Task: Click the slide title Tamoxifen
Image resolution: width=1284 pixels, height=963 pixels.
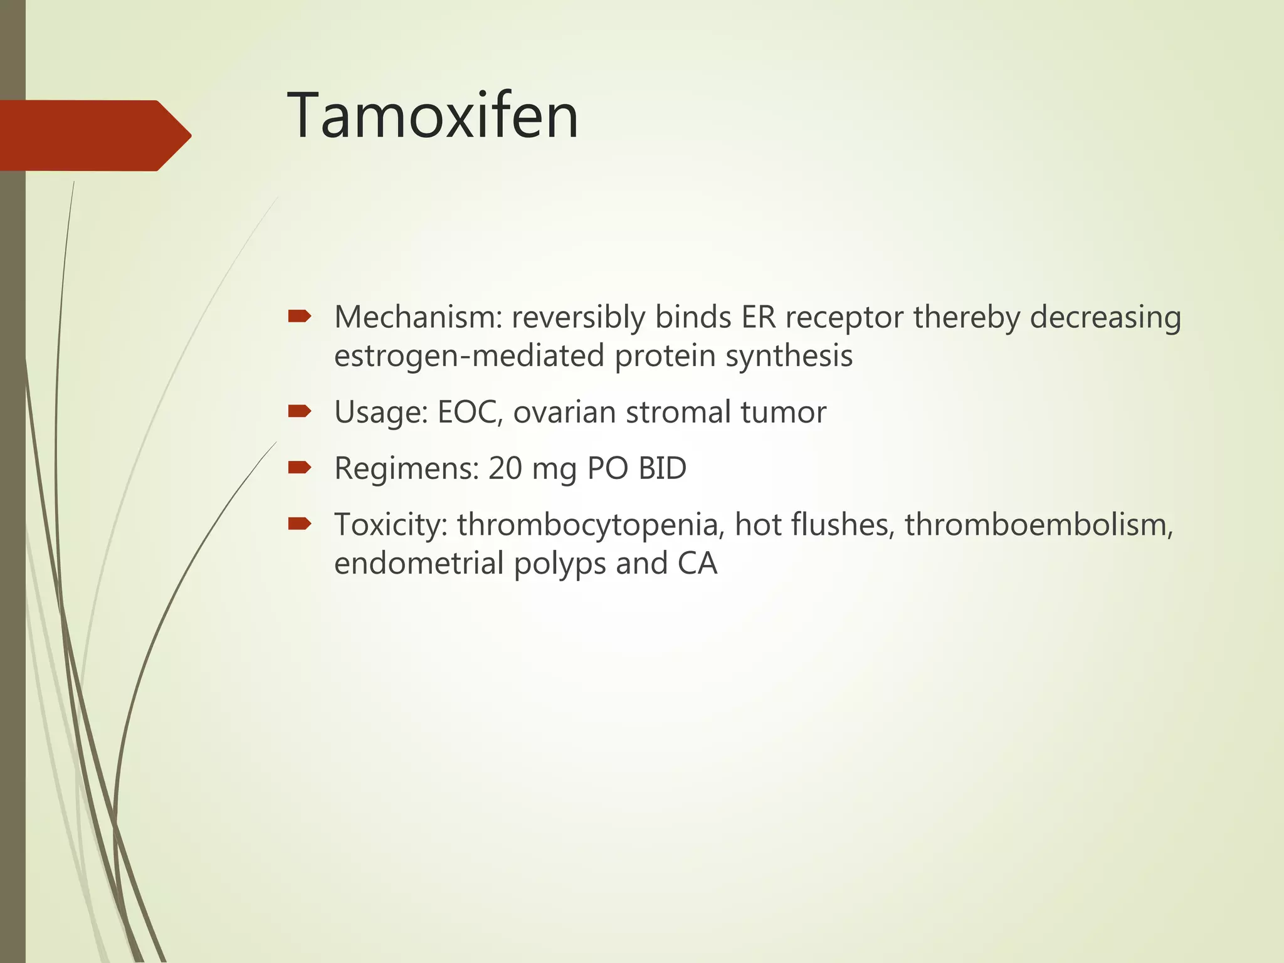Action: click(433, 116)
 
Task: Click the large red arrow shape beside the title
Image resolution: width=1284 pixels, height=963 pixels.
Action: click(94, 135)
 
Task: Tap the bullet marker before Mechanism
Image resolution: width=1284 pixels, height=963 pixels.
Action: click(299, 317)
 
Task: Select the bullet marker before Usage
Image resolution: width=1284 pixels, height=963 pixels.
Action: click(299, 411)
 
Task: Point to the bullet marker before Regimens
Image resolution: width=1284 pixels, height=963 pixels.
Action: click(299, 467)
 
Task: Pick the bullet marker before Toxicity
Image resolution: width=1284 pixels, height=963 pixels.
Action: click(299, 524)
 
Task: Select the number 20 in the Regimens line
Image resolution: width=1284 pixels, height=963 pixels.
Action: click(505, 468)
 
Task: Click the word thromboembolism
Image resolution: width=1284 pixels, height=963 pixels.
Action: click(1038, 525)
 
